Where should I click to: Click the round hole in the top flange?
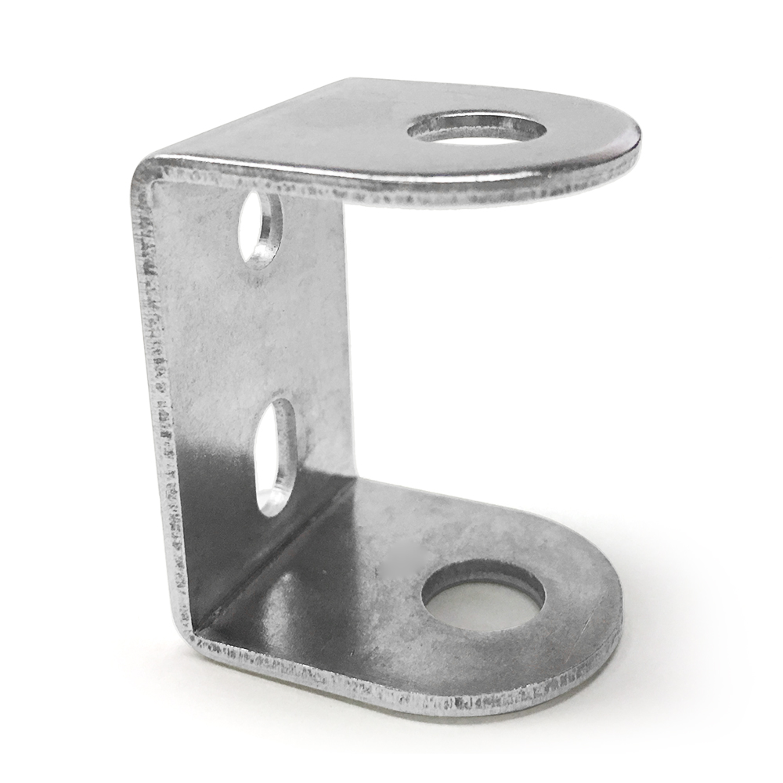click(x=478, y=127)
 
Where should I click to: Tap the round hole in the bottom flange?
click(x=483, y=597)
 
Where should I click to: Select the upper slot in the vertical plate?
click(x=261, y=229)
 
